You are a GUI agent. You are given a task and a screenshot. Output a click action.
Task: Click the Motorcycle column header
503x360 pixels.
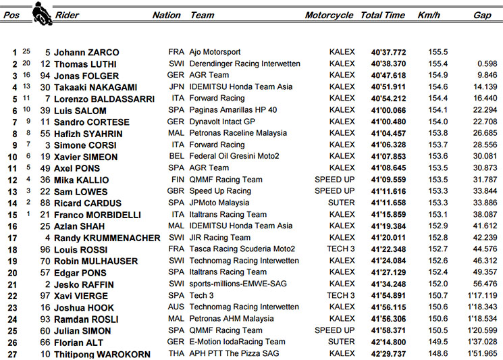[329, 15]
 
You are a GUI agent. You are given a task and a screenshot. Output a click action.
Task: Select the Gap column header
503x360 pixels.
[482, 15]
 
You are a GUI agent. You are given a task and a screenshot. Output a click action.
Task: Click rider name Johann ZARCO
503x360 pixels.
[86, 52]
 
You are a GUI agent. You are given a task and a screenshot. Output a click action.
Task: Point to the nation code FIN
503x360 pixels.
[175, 180]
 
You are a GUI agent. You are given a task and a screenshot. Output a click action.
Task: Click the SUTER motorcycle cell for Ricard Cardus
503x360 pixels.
[341, 203]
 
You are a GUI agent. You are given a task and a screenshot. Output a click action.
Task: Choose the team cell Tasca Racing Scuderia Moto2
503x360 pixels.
[242, 249]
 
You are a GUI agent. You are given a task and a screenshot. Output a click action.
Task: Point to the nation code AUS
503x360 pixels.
[176, 307]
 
